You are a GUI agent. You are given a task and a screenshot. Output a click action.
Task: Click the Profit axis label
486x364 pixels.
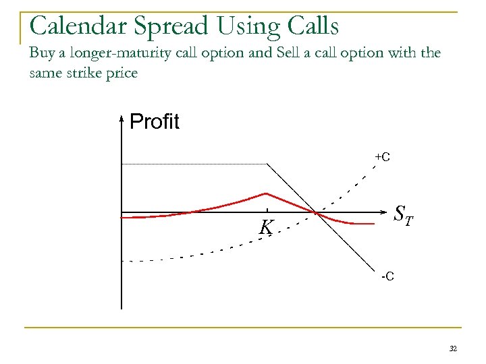[x=154, y=122]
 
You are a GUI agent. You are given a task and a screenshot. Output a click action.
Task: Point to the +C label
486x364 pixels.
[x=382, y=157]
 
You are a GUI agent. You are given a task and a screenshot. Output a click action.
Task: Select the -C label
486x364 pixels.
[x=387, y=276]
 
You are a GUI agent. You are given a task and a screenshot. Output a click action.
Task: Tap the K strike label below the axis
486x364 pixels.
[x=266, y=229]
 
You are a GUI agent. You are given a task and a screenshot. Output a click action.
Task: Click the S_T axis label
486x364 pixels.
[x=404, y=214]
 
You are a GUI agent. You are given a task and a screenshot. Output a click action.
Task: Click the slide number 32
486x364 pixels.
[x=453, y=348]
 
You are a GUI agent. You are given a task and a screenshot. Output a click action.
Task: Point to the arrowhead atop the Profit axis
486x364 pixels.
[x=121, y=120]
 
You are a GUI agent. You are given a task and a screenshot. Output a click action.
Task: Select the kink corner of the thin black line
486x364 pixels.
[x=269, y=164]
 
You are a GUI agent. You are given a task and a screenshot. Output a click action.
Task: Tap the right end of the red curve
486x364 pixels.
[x=373, y=223]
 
